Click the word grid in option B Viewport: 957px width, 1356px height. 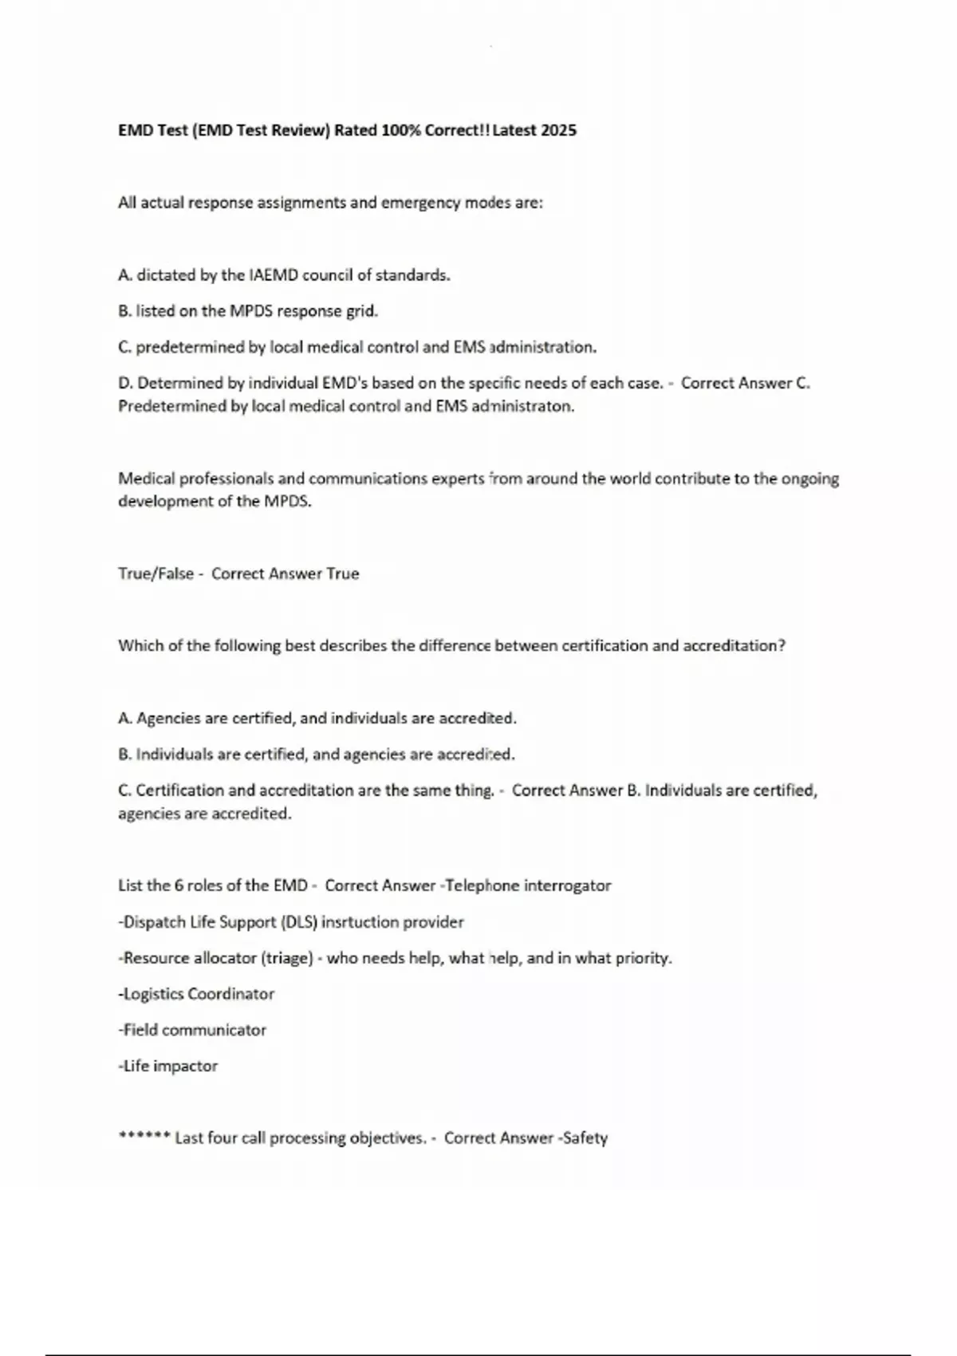[360, 311]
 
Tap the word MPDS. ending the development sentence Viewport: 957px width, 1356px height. [287, 502]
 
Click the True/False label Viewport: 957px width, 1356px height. [156, 574]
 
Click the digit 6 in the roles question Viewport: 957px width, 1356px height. [179, 885]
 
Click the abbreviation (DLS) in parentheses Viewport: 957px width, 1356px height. [299, 922]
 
